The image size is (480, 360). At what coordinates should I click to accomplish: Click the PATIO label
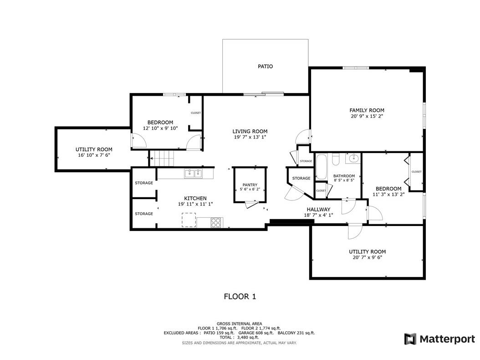click(265, 67)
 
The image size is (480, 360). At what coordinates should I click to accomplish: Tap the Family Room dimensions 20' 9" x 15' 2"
click(367, 116)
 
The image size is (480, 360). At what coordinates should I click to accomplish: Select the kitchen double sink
click(193, 173)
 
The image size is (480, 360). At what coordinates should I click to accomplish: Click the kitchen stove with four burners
click(216, 222)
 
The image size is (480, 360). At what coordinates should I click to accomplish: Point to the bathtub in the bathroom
click(322, 167)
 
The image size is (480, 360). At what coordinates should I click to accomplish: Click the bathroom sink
click(352, 159)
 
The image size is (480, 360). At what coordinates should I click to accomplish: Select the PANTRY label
click(250, 185)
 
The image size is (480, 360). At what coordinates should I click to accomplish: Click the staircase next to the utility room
click(163, 159)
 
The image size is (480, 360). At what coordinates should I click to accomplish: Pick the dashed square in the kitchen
click(189, 220)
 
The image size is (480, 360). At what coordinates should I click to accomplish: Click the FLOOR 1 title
click(240, 297)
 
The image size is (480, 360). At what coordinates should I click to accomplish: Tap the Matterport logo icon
click(410, 339)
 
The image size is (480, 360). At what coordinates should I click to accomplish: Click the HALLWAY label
click(318, 210)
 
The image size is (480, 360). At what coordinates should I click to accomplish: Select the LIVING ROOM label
click(250, 131)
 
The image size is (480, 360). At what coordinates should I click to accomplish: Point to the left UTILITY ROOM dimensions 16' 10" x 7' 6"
click(94, 155)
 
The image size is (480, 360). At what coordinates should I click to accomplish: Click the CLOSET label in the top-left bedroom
click(196, 113)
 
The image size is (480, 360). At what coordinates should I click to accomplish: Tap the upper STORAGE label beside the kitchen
click(144, 183)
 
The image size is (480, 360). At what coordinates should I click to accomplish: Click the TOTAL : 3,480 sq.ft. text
click(239, 338)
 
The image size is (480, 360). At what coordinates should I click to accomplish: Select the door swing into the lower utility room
click(353, 231)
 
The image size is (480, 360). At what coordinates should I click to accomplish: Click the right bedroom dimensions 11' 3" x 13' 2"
click(388, 194)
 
